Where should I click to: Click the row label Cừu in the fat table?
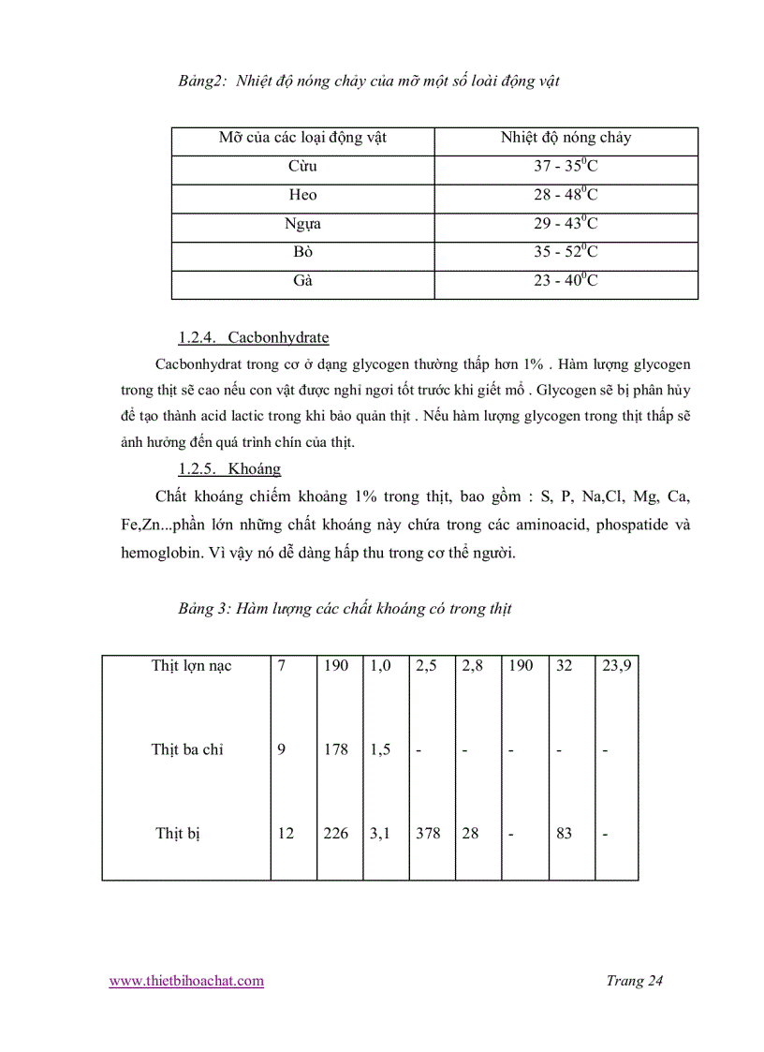[x=302, y=167]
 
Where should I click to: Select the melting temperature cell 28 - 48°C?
[x=566, y=195]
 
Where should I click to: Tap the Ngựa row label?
[x=302, y=224]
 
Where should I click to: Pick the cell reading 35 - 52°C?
[x=566, y=252]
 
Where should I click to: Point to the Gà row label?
[x=302, y=280]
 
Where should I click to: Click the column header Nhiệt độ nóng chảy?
[x=566, y=138]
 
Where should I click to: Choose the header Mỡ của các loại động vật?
[x=302, y=138]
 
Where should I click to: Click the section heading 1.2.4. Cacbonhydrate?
[x=253, y=337]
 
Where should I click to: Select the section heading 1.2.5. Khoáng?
[x=229, y=468]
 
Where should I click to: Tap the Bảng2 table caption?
[x=369, y=81]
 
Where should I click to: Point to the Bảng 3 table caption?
[x=345, y=609]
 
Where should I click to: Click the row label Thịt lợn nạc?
[x=191, y=666]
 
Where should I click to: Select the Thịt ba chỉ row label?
[x=187, y=749]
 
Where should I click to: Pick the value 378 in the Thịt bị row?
[x=428, y=833]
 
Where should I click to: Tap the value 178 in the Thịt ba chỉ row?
[x=336, y=749]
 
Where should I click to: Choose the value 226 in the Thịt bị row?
[x=336, y=833]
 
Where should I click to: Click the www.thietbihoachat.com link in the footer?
[x=186, y=981]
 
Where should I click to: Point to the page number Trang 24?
[x=634, y=981]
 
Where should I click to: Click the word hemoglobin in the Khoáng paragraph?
[x=165, y=553]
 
